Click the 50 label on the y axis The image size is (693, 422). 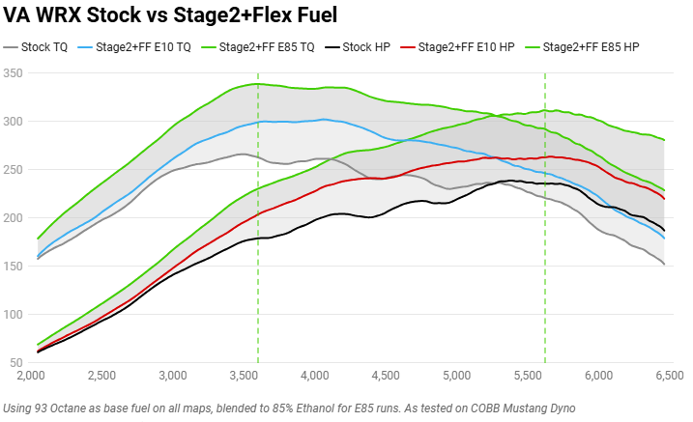[16, 363]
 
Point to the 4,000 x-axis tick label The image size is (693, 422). [314, 375]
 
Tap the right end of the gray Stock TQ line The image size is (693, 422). [664, 264]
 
